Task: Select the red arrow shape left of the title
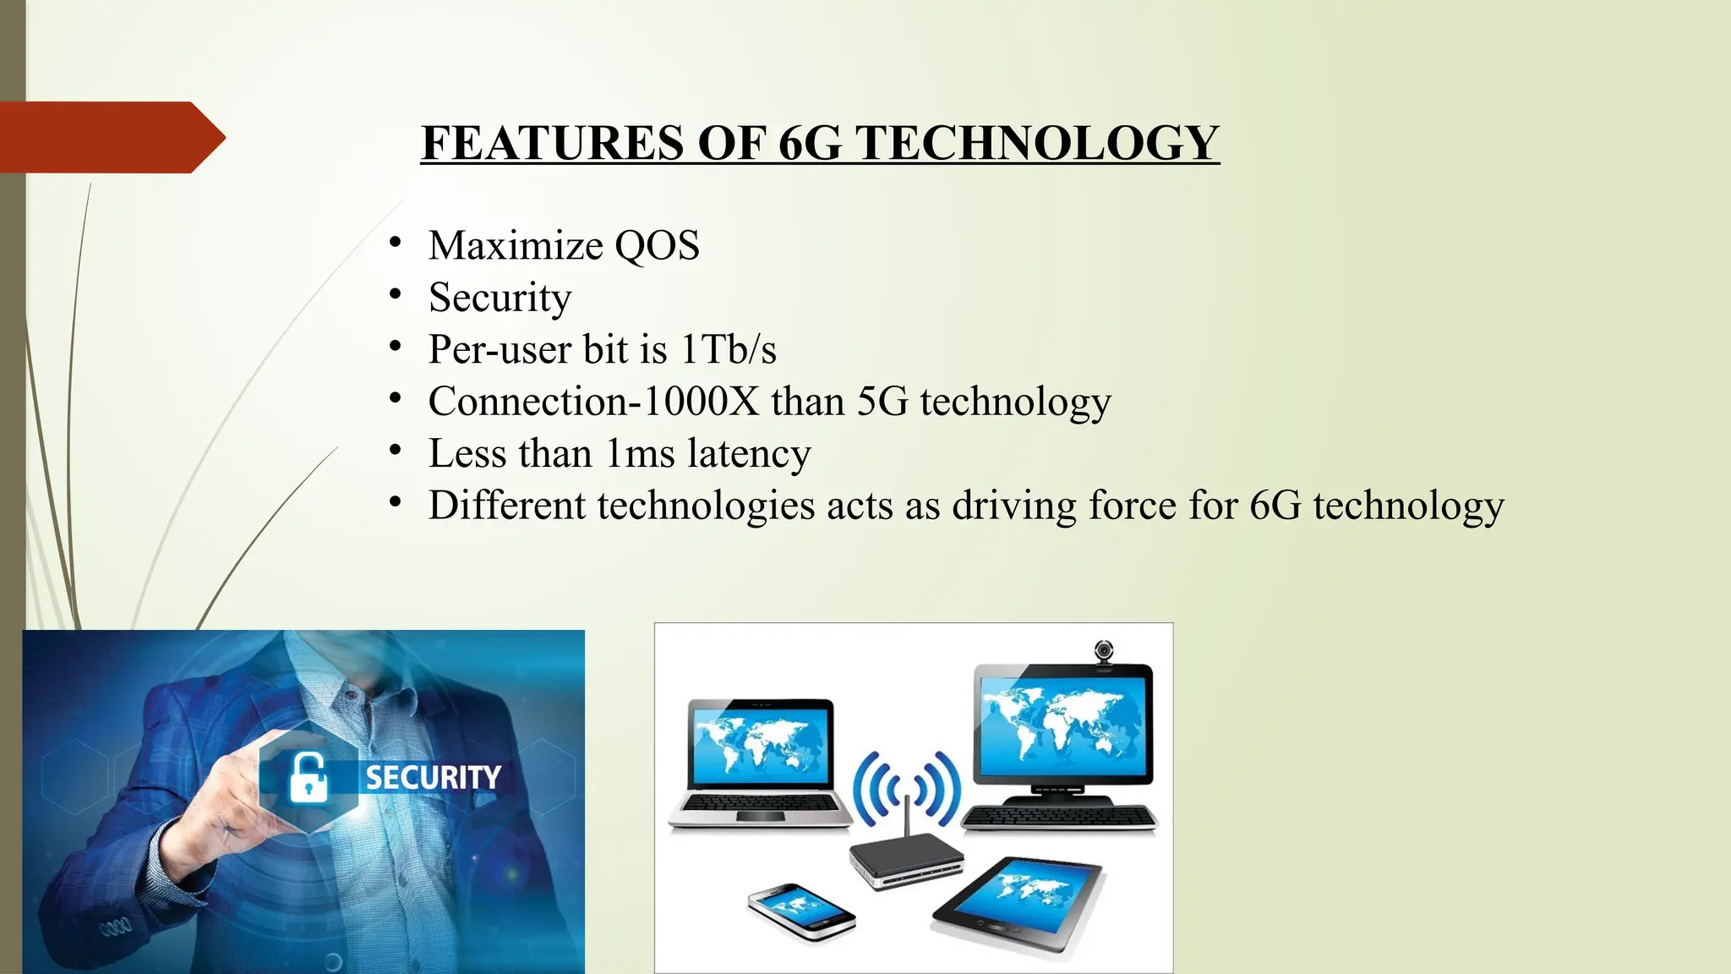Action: click(x=110, y=137)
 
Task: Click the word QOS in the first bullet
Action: click(x=657, y=246)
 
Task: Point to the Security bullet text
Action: click(x=500, y=298)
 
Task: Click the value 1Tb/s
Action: click(x=728, y=350)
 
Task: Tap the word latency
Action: click(x=749, y=454)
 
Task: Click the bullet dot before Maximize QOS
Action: click(x=395, y=243)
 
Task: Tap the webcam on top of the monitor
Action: click(x=1104, y=653)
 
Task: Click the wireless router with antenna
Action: click(x=907, y=854)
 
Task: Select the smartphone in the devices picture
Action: click(x=800, y=911)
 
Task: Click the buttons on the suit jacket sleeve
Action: click(x=116, y=927)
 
